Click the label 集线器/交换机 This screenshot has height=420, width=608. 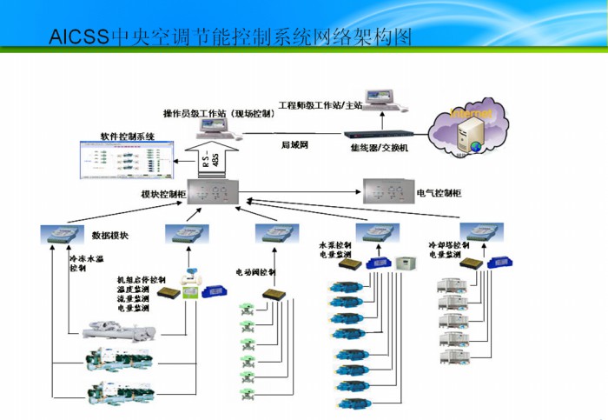(x=380, y=149)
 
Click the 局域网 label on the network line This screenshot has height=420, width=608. (x=295, y=144)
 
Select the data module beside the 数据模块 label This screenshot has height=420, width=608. (x=61, y=233)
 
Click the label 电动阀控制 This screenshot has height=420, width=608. (x=257, y=270)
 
